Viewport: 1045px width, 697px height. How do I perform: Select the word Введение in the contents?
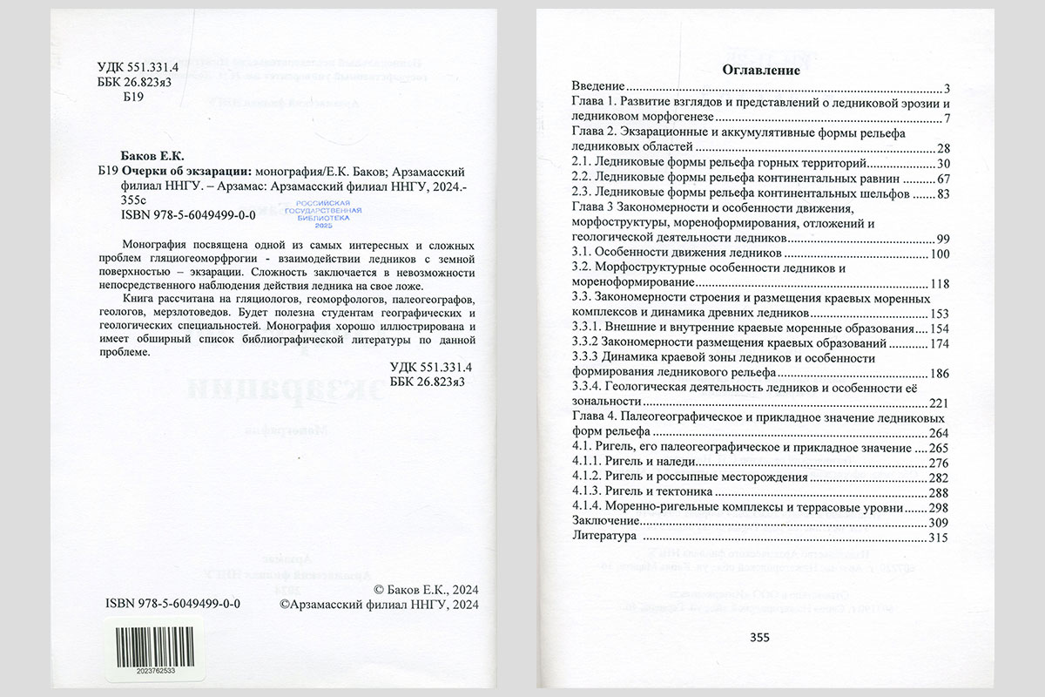coord(598,88)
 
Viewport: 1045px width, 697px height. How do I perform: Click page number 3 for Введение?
coord(946,88)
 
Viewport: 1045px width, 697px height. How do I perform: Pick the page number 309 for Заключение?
coord(938,522)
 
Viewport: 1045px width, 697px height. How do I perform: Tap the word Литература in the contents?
coord(601,538)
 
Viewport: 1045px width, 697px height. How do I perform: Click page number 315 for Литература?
coord(938,538)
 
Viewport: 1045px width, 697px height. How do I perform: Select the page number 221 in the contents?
coord(938,402)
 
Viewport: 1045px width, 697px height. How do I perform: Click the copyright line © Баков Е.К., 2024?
coord(426,589)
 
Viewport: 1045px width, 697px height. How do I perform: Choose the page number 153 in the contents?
coord(938,312)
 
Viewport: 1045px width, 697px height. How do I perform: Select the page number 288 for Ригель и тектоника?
coord(938,492)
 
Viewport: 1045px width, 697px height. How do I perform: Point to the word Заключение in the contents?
coord(604,522)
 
